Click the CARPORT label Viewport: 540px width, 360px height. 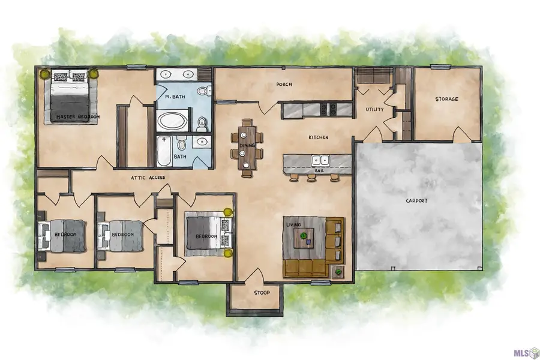click(x=416, y=200)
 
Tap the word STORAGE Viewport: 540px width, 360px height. click(x=446, y=99)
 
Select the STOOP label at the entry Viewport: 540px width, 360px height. click(x=262, y=293)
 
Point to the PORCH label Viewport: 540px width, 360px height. click(x=284, y=84)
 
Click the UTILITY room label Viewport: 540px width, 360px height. click(x=374, y=109)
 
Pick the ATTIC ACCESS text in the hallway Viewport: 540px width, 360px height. click(x=148, y=178)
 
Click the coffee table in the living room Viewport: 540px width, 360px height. click(x=304, y=238)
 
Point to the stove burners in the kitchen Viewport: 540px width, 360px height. click(x=328, y=109)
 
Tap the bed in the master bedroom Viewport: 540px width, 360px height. click(x=71, y=97)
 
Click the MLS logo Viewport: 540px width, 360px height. click(x=526, y=353)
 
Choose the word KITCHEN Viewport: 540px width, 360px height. click(x=318, y=137)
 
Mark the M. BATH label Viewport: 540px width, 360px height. click(x=175, y=97)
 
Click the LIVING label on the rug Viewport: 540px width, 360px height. click(x=293, y=224)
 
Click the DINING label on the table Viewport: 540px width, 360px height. click(x=247, y=145)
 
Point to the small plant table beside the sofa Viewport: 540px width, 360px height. click(x=338, y=272)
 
